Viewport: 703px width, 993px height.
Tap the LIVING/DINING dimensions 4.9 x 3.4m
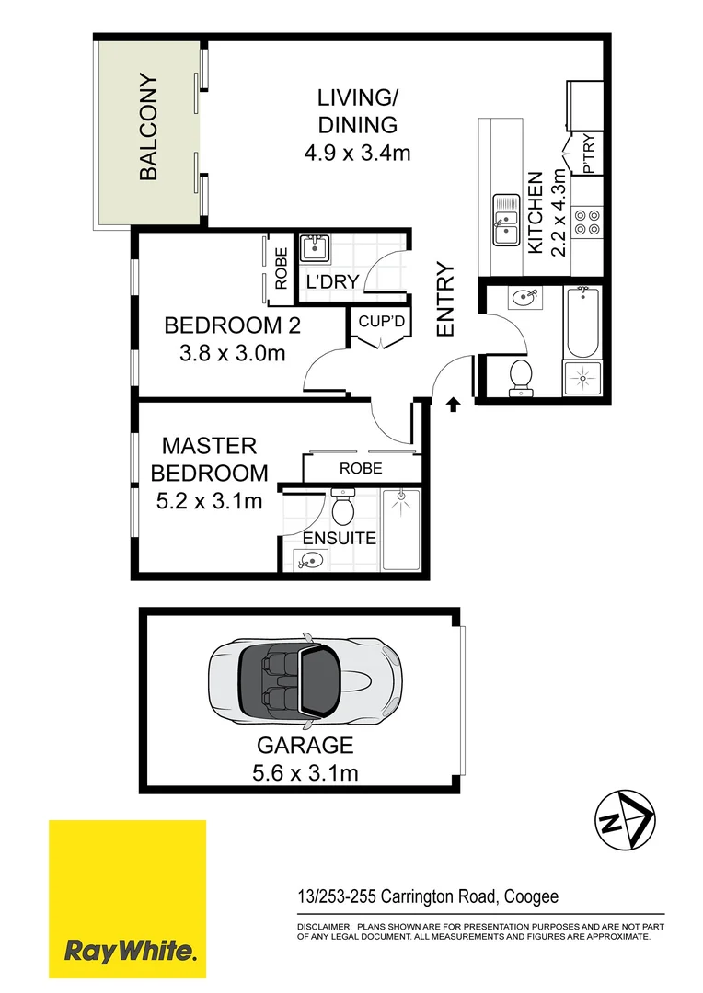pyautogui.click(x=357, y=153)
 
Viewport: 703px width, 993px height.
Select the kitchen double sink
pyautogui.click(x=505, y=221)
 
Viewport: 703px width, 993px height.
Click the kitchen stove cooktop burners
pyautogui.click(x=587, y=220)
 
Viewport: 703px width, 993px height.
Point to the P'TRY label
pyautogui.click(x=589, y=156)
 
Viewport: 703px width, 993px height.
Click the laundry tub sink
pyautogui.click(x=314, y=248)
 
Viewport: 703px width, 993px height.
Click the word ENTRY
pyautogui.click(x=445, y=300)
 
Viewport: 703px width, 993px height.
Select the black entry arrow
pyautogui.click(x=453, y=404)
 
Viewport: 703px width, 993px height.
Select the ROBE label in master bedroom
pyautogui.click(x=361, y=468)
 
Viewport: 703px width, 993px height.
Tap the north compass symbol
pyautogui.click(x=624, y=817)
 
